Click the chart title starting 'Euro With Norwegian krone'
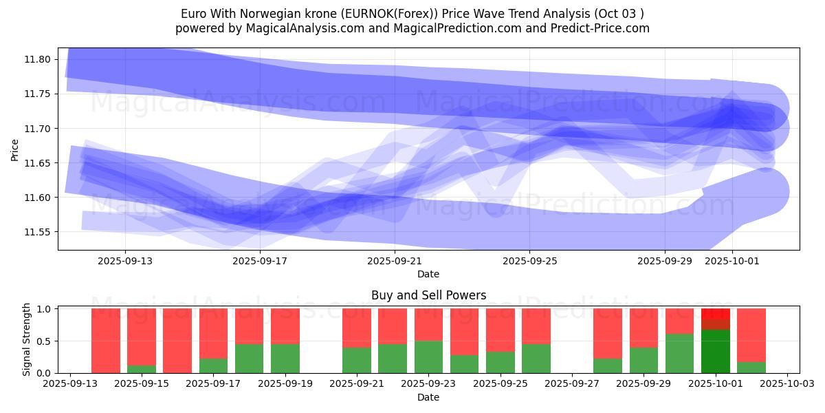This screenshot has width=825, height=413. pos(412,14)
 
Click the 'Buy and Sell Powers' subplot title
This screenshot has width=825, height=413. pos(428,295)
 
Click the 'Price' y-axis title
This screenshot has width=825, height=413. pos(15,149)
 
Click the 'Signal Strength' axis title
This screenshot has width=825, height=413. pos(26,339)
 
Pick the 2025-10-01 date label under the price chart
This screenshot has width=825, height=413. pos(731,261)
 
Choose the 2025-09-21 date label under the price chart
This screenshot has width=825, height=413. pos(395,261)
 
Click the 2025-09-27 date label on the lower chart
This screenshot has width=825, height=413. pos(572,384)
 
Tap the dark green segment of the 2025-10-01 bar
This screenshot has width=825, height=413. pos(716,352)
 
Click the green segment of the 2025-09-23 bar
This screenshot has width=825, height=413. pos(428,357)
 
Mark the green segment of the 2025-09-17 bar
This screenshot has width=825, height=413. pos(213,366)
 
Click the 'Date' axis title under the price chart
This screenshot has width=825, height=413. pos(428,274)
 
